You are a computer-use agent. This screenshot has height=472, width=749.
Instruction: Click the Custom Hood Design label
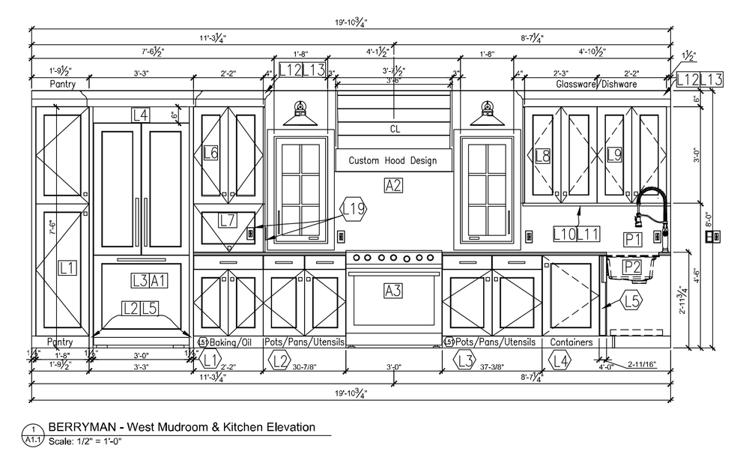[x=392, y=160]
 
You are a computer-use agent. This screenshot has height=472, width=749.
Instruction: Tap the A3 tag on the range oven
[x=393, y=290]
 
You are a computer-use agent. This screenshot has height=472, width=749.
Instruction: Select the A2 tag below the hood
[x=393, y=184]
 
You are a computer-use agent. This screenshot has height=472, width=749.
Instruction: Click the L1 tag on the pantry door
[x=67, y=267]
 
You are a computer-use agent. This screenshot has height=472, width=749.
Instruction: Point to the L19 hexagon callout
[x=353, y=209]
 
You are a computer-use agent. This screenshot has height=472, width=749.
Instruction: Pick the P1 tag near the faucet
[x=633, y=239]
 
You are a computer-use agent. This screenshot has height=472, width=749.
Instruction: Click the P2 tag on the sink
[x=633, y=266]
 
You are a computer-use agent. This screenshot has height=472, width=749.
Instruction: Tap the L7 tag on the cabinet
[x=228, y=220]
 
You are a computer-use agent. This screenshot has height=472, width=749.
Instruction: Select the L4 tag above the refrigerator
[x=141, y=115]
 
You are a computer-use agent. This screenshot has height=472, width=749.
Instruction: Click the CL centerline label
[x=395, y=128]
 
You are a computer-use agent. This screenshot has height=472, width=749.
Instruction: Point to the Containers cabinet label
[x=571, y=342]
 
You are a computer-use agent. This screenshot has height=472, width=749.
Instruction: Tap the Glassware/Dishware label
[x=596, y=85]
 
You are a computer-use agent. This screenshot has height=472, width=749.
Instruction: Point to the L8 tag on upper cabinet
[x=543, y=156]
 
